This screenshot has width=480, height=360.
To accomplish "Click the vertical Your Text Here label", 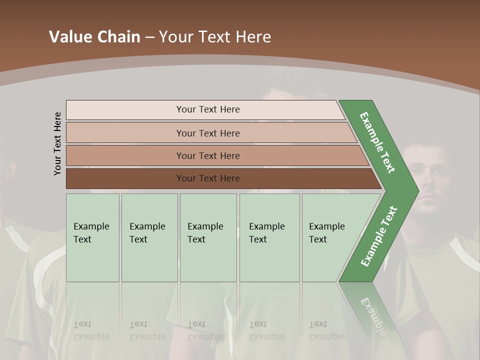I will tap(57, 143).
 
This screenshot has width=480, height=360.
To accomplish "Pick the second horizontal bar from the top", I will tap(208, 133).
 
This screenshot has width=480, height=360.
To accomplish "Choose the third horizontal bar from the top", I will tap(208, 155).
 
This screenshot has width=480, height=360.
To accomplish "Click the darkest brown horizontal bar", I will tap(208, 178).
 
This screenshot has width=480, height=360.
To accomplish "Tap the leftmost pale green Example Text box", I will tap(92, 237).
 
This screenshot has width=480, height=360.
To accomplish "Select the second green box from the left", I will tap(149, 237).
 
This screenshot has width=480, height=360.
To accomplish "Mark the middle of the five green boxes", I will tap(208, 237).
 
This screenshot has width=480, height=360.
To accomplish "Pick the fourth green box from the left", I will tap(269, 237).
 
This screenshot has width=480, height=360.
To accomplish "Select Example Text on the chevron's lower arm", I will tap(379, 236).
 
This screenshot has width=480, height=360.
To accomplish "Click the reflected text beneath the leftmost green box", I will tap(91, 331).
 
